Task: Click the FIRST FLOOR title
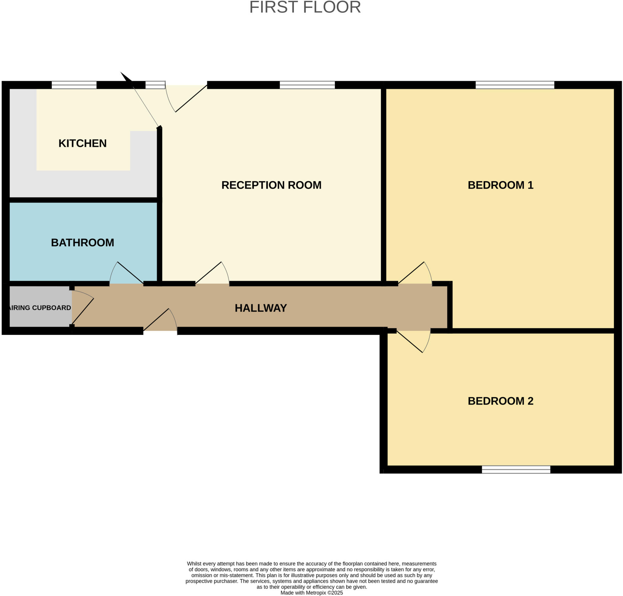coord(305,7)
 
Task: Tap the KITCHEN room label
coord(82,143)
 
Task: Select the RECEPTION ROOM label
coord(271,185)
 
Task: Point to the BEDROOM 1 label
coord(500,185)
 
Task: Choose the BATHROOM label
coord(82,242)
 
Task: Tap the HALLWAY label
coord(261,308)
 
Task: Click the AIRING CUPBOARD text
coord(40,307)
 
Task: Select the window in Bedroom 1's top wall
coord(515,85)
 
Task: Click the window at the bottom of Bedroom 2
coord(516,469)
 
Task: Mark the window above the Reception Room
coord(307,85)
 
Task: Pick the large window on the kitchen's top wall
coord(74,85)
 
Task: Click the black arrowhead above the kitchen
coord(126,78)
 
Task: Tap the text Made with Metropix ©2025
coord(311,593)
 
